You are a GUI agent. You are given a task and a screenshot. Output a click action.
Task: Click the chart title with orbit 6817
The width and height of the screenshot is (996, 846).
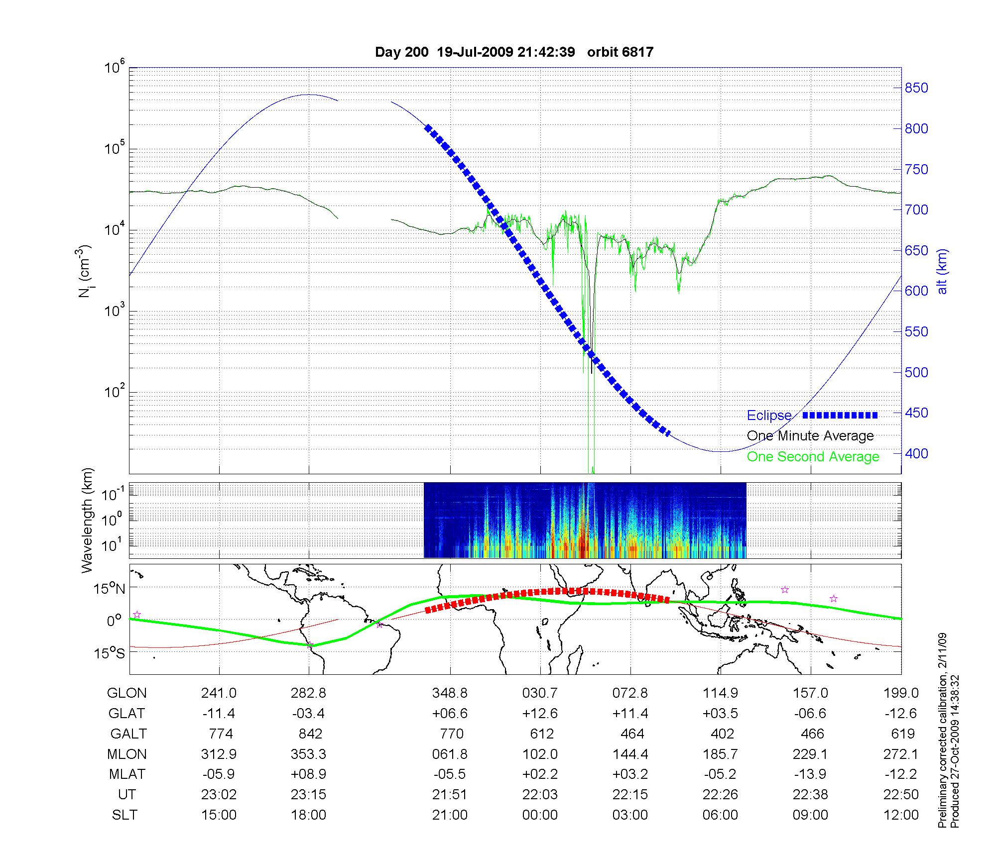click(514, 52)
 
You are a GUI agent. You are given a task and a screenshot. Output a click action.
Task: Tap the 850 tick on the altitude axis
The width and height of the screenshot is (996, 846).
click(916, 88)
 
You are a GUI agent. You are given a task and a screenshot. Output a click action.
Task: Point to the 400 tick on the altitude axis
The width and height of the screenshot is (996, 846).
click(916, 453)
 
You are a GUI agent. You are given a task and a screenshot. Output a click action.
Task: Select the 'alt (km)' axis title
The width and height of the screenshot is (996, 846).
click(942, 271)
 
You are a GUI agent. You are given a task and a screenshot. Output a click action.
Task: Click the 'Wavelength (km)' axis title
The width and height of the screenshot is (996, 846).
click(88, 520)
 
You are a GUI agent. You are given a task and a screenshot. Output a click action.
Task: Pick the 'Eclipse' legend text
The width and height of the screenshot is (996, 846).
click(769, 416)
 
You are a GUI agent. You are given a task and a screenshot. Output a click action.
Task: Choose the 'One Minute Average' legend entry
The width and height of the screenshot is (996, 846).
click(810, 436)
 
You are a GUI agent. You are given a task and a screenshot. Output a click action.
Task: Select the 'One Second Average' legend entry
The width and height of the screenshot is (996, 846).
click(813, 457)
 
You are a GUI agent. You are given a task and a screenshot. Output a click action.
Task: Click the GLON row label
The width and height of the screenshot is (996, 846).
click(127, 693)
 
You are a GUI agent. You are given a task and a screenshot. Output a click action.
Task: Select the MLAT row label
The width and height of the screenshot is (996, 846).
click(127, 774)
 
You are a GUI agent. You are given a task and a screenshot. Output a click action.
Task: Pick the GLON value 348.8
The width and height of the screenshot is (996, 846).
click(450, 693)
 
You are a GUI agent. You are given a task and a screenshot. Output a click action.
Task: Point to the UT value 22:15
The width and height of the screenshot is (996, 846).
click(630, 795)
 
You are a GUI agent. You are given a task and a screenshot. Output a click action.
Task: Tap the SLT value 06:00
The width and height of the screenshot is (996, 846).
click(720, 815)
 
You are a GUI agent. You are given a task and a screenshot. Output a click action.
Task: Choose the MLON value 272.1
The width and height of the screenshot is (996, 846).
click(900, 754)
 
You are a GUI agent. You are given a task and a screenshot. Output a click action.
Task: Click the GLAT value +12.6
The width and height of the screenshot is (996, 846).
click(540, 714)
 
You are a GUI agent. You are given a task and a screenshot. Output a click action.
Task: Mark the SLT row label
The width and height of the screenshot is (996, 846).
click(124, 815)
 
